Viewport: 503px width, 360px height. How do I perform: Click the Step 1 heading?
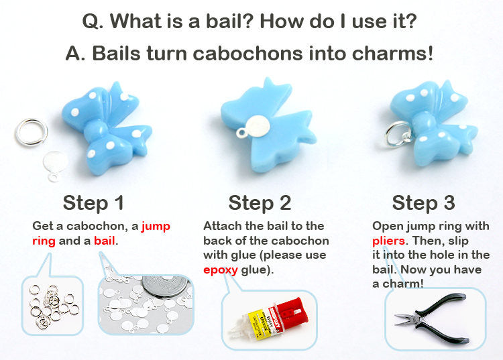coord(93,203)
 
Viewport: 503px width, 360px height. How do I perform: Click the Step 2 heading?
coord(260,203)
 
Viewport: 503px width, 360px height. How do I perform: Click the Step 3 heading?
coord(423,203)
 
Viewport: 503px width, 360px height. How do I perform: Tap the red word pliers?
coord(388,241)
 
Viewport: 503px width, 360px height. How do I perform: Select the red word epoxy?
coord(221,270)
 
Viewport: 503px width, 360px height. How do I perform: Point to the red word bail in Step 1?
coord(104,241)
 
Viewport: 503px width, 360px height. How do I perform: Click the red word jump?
coord(156,227)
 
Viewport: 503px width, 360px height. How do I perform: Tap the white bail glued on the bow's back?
coord(257,127)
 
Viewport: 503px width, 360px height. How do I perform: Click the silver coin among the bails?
coord(164,286)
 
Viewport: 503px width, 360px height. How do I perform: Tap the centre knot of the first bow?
coord(96,132)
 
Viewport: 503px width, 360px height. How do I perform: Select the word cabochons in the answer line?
coord(247,53)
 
